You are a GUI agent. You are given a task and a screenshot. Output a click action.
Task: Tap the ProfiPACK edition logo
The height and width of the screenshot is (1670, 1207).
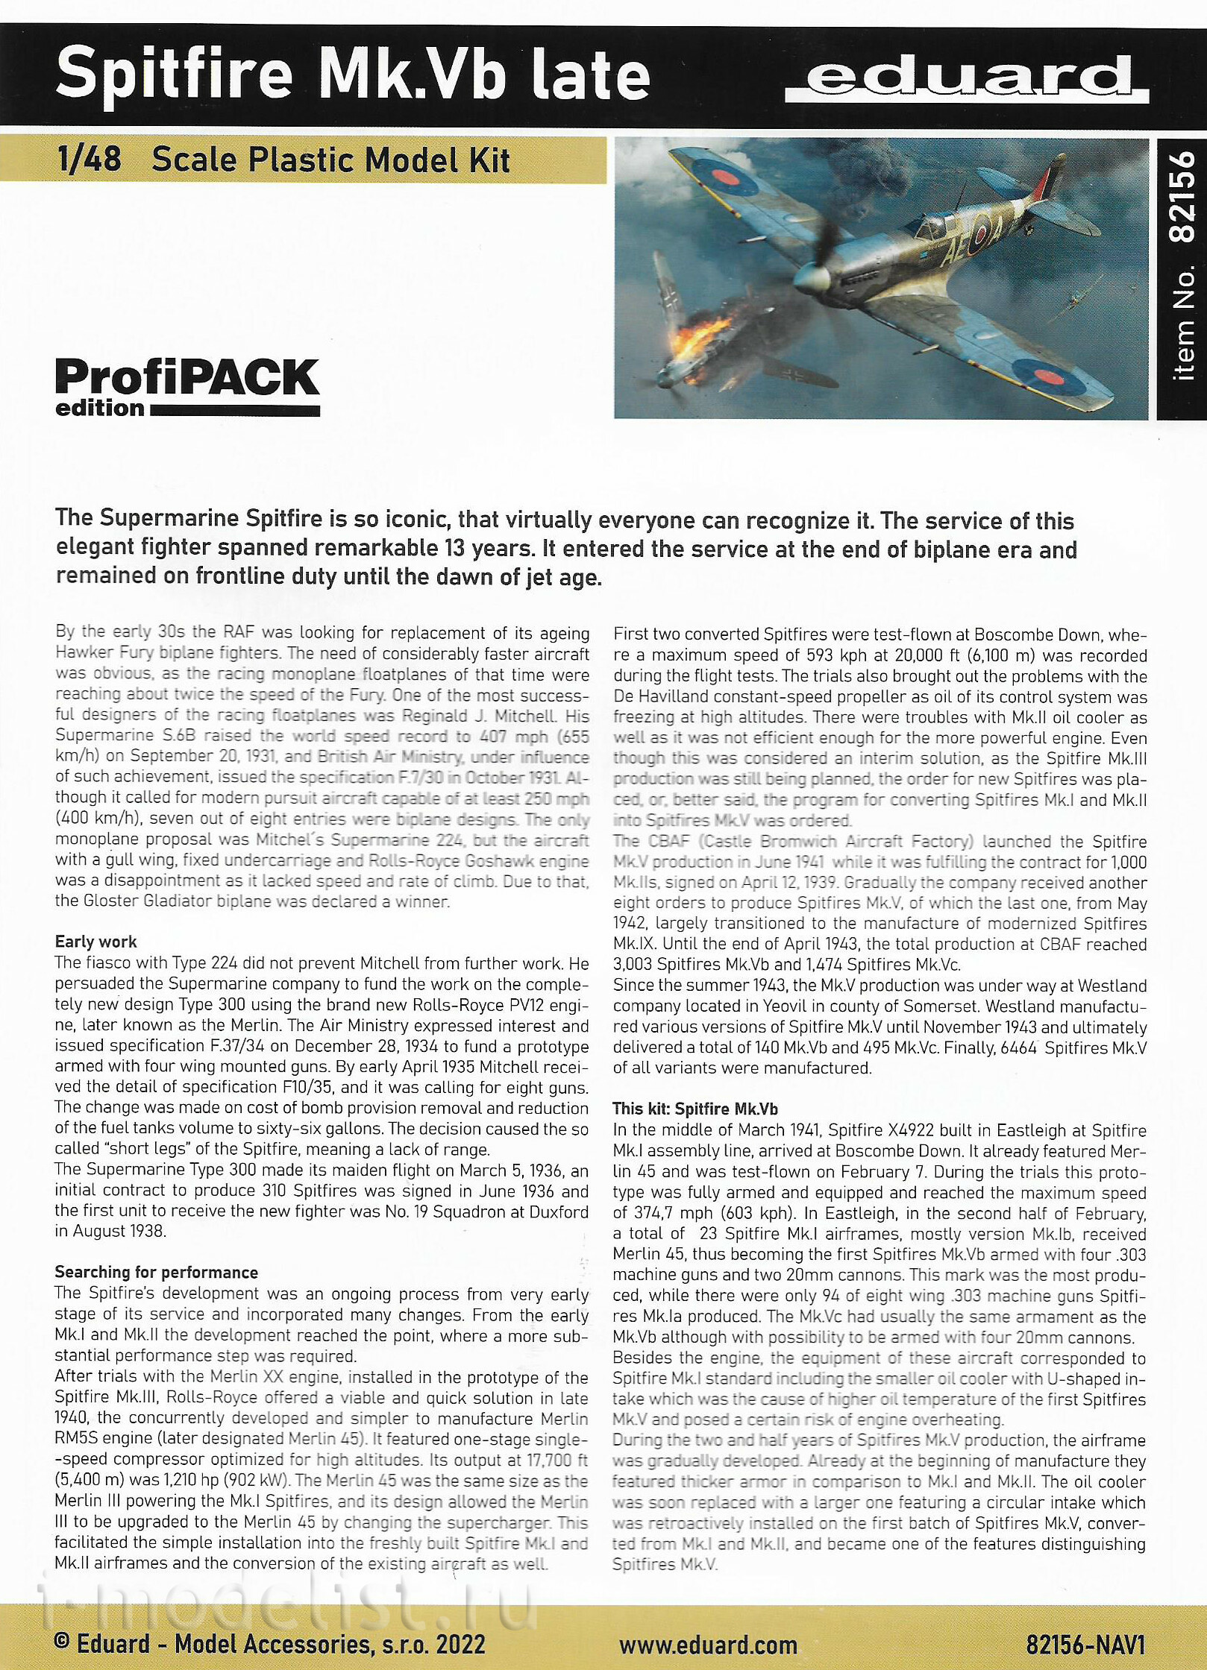tap(187, 386)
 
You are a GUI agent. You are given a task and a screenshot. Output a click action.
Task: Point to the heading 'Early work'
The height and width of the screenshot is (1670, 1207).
tap(95, 942)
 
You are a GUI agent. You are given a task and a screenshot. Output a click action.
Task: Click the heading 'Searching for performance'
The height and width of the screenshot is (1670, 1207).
tap(156, 1273)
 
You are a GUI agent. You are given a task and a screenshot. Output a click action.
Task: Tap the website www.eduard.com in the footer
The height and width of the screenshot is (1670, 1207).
tap(707, 1645)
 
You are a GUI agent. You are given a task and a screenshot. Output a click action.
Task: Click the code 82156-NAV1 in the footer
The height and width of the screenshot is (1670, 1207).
tap(1085, 1645)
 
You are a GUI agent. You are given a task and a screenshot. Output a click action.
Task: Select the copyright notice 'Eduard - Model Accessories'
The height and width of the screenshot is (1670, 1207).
tap(269, 1644)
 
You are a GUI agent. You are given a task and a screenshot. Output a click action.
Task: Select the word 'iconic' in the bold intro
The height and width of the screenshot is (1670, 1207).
tap(414, 520)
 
